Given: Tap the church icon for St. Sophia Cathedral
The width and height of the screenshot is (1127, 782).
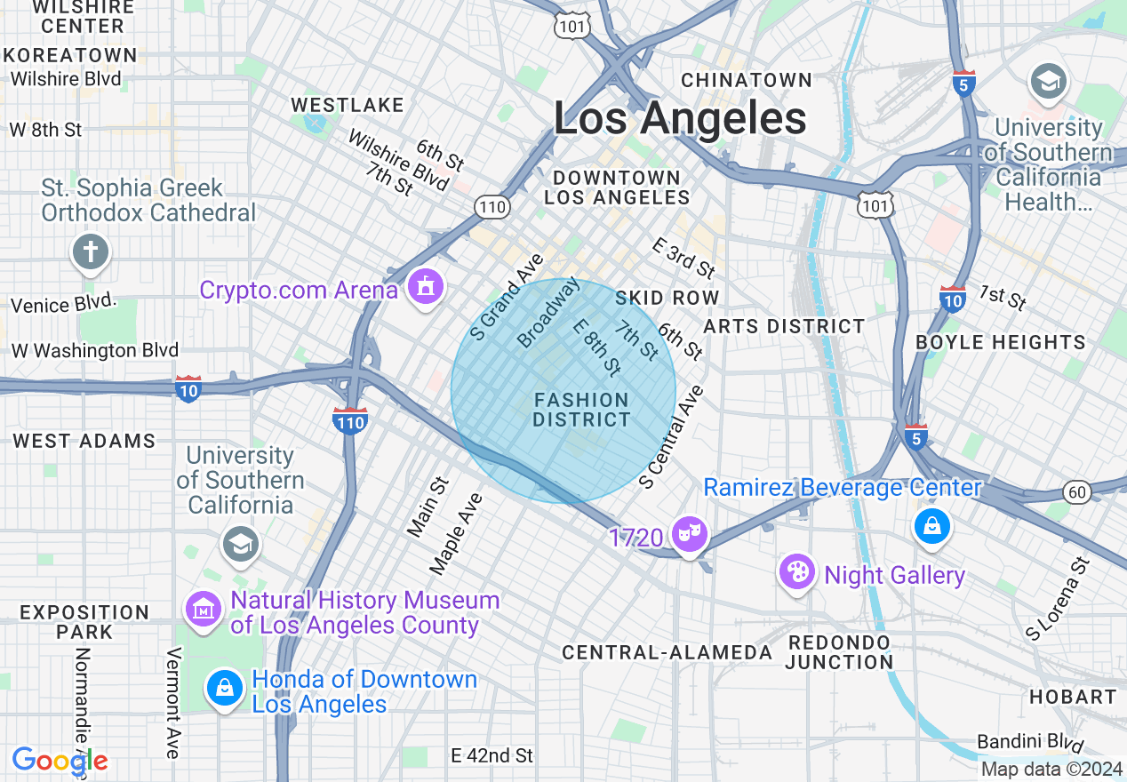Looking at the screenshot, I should pyautogui.click(x=90, y=251).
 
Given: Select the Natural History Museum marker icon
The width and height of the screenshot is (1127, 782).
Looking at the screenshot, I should pyautogui.click(x=204, y=610).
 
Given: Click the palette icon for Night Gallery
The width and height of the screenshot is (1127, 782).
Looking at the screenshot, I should pyautogui.click(x=797, y=571).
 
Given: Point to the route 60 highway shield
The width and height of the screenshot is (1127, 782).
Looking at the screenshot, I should pyautogui.click(x=1076, y=492).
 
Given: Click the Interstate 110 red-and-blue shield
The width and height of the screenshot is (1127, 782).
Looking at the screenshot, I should pyautogui.click(x=350, y=420).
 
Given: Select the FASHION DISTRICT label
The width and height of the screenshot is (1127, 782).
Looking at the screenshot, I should pyautogui.click(x=582, y=410).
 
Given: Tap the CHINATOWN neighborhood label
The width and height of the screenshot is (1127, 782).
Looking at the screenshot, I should pyautogui.click(x=747, y=80).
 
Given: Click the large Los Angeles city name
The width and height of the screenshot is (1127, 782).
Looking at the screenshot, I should pyautogui.click(x=680, y=119).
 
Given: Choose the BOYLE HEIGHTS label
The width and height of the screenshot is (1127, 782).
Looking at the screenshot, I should pyautogui.click(x=1000, y=342).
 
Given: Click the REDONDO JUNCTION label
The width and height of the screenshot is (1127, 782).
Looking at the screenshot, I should pyautogui.click(x=838, y=652).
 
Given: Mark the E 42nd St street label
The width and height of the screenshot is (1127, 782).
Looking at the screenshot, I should pyautogui.click(x=492, y=755).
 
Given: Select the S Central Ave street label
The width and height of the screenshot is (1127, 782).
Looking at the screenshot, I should pyautogui.click(x=671, y=436).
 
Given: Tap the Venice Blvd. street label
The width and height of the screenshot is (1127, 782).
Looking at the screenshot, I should pyautogui.click(x=63, y=304).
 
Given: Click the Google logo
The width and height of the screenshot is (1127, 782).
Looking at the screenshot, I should pyautogui.click(x=60, y=761).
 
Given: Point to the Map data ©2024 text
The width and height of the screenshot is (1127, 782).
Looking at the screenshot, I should pyautogui.click(x=1051, y=770).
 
